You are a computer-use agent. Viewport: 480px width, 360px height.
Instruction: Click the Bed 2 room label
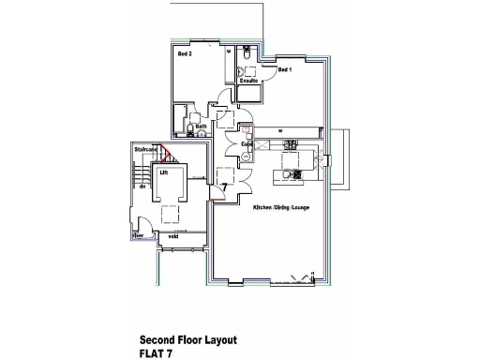185,54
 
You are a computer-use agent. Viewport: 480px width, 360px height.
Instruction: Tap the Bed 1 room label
284,70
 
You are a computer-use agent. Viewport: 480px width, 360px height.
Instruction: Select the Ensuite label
248,82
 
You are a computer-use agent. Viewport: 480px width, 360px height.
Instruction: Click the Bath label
201,126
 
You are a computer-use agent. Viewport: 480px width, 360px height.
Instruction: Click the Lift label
163,172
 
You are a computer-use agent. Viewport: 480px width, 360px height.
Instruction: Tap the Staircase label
144,148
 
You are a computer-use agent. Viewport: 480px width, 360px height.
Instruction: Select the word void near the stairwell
173,236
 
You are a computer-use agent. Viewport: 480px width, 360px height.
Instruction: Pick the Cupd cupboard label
247,143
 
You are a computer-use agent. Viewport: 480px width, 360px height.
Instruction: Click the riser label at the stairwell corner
137,236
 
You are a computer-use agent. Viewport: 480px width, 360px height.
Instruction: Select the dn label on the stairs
142,187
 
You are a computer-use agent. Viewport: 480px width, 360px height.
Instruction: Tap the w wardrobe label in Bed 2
230,52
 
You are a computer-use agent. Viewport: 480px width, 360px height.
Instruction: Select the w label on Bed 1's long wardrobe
279,130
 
